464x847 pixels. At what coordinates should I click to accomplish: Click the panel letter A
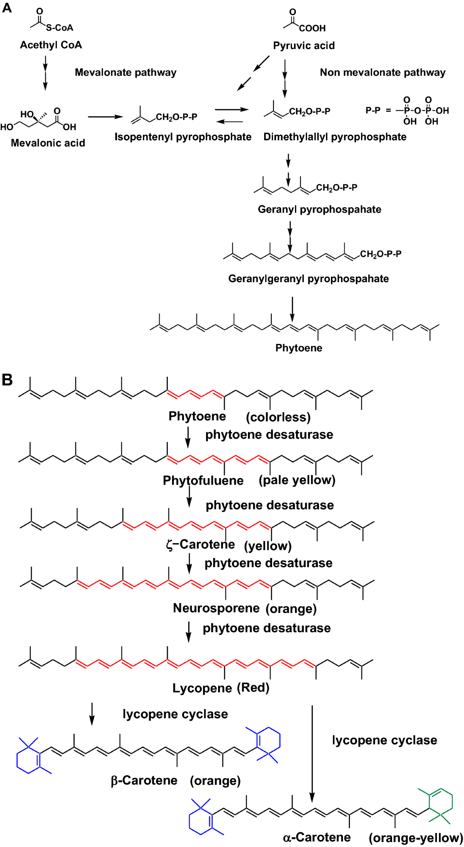click(7, 8)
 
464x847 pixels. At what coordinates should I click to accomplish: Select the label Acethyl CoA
click(51, 45)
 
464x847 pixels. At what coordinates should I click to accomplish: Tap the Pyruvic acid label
click(304, 46)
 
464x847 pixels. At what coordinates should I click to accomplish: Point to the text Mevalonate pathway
click(126, 72)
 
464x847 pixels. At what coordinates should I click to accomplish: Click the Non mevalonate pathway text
click(382, 72)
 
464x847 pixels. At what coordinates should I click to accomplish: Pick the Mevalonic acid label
click(48, 143)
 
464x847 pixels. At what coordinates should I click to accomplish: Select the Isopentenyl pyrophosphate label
click(183, 137)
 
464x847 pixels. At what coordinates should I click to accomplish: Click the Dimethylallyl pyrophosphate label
click(335, 137)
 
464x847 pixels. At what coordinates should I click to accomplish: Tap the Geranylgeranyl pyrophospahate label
click(309, 279)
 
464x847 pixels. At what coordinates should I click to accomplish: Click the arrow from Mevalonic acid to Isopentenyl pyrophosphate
click(105, 117)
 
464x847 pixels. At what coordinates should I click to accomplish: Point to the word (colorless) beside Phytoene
click(278, 417)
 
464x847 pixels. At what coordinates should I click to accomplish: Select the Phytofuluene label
click(203, 481)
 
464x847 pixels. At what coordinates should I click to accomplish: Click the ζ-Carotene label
click(200, 545)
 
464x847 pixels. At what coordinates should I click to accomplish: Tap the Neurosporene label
click(216, 608)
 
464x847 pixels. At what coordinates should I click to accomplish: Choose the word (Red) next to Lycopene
click(253, 688)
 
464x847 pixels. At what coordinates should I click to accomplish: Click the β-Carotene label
click(144, 781)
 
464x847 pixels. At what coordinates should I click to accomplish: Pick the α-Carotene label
click(317, 837)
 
